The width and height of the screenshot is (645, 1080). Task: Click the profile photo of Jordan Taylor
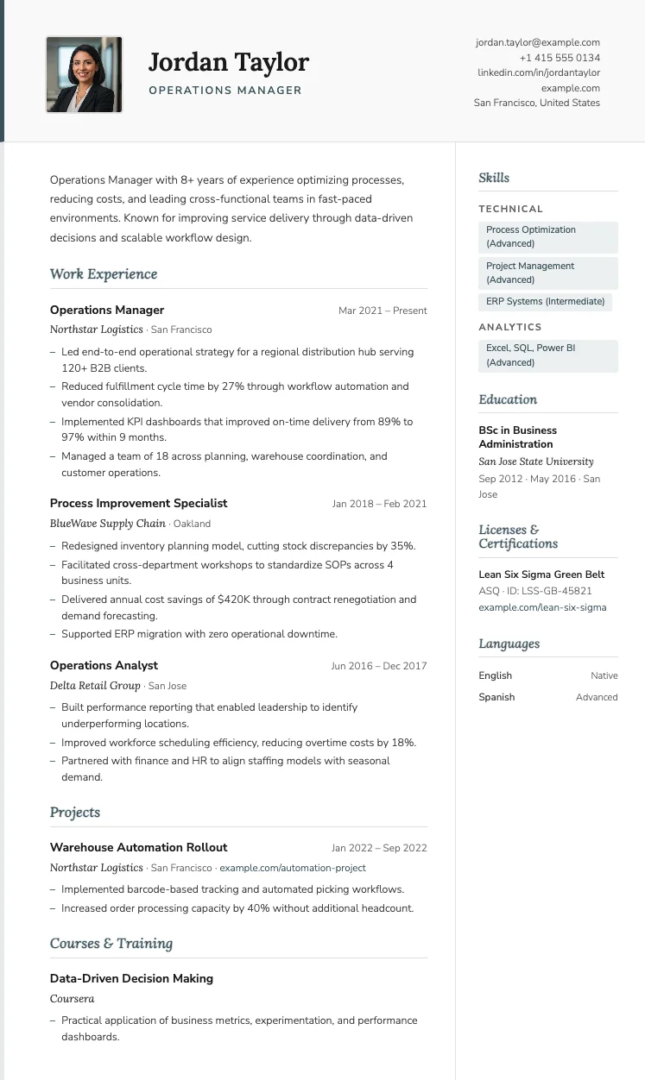(84, 74)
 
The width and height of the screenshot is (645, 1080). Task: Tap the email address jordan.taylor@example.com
(537, 42)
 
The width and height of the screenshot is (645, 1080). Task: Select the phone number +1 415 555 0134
(560, 58)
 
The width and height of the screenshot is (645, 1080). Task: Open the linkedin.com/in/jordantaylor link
(539, 72)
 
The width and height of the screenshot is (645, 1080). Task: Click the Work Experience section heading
(104, 274)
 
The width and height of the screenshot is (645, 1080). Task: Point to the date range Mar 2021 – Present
(383, 311)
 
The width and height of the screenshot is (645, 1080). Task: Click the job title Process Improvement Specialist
(138, 503)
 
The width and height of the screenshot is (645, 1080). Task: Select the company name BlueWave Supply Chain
(108, 524)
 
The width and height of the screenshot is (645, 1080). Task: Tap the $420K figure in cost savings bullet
(235, 600)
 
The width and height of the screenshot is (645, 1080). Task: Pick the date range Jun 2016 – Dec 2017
(379, 666)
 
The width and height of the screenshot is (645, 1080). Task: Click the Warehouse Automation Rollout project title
(138, 847)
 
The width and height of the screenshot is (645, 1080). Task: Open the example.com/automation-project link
(293, 868)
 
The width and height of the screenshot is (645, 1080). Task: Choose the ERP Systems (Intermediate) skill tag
(545, 302)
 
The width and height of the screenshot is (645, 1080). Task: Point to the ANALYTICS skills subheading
(510, 327)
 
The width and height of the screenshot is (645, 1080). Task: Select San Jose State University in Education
(536, 462)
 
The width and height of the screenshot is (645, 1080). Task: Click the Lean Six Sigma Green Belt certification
(541, 575)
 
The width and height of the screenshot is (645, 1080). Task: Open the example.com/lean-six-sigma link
(542, 607)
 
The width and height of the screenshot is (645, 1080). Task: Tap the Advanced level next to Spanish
(597, 697)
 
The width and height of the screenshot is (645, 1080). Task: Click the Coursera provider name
(72, 999)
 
